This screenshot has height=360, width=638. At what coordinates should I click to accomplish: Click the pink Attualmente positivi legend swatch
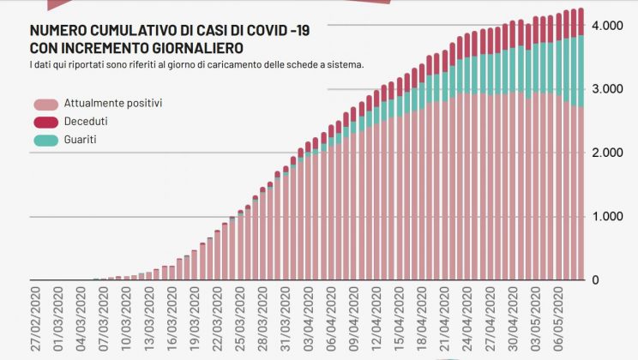pos(45,103)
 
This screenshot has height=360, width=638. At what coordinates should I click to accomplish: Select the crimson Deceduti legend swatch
pos(45,122)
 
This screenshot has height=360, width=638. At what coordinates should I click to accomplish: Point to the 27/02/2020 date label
pos(36,318)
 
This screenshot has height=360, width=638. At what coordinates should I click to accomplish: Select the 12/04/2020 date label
pos(377,318)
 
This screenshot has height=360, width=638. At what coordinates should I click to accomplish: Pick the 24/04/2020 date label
pos(468,318)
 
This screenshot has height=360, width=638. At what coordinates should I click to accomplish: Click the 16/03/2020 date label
pos(172,318)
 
